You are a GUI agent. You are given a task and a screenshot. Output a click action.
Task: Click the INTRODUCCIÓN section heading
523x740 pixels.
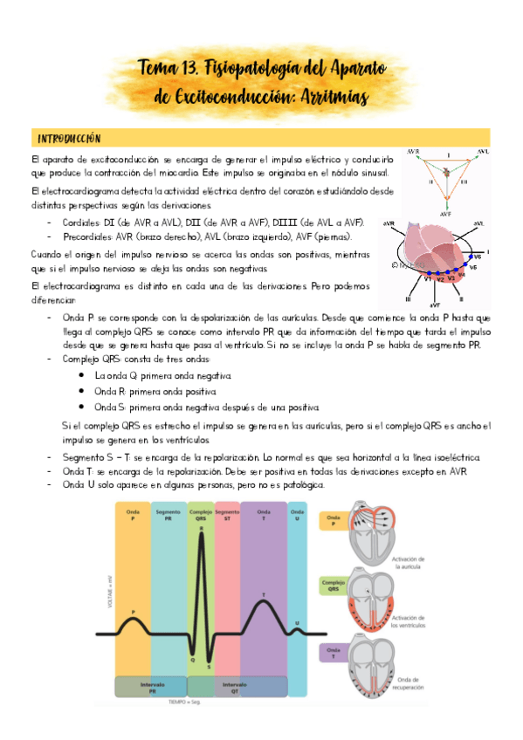(69, 139)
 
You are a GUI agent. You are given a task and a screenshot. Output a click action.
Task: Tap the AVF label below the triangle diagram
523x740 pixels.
(445, 212)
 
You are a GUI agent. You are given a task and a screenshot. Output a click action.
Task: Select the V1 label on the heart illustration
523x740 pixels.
(427, 279)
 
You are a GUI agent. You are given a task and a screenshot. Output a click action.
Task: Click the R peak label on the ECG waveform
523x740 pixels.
(202, 529)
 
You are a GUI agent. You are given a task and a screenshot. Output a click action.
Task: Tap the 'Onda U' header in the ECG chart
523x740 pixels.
(298, 513)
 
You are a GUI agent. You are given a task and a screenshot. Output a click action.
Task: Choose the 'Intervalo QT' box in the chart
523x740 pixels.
(236, 687)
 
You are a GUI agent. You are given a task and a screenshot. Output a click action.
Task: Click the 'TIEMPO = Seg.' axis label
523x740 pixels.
(202, 702)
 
